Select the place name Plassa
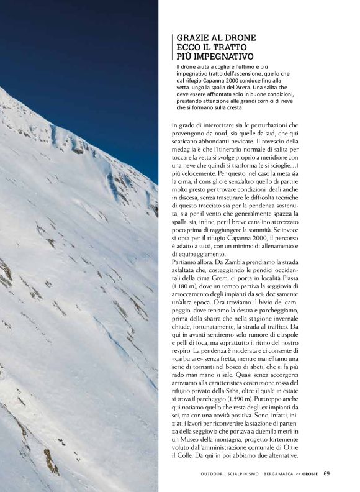[307, 280]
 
